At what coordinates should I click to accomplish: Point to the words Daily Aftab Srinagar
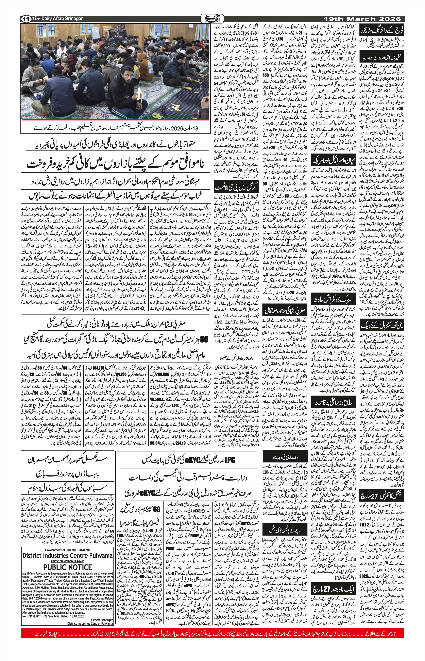pyautogui.click(x=58, y=19)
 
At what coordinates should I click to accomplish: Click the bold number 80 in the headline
pyautogui.click(x=203, y=339)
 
